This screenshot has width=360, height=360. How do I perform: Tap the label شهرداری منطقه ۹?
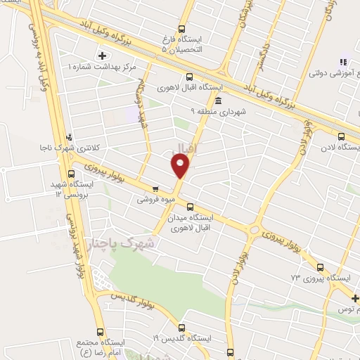click(219, 110)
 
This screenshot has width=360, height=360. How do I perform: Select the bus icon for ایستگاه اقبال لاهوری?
click(188, 77)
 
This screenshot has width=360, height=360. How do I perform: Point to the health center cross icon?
click(103, 55)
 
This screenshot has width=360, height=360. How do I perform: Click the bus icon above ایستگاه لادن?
click(341, 137)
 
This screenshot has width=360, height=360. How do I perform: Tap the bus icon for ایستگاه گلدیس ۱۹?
click(181, 328)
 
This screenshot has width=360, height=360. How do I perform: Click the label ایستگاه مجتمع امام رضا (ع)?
click(99, 345)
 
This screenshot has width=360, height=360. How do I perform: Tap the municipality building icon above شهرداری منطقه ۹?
click(219, 100)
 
